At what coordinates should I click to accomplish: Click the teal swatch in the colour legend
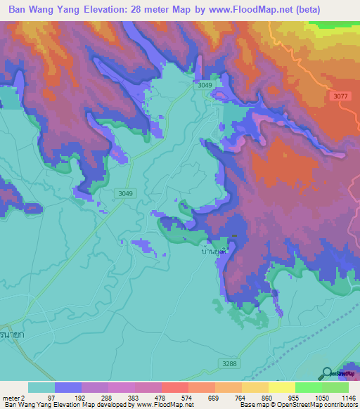(41, 387)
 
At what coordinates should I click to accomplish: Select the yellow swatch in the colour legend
(281, 387)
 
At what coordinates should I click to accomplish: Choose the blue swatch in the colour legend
(68, 387)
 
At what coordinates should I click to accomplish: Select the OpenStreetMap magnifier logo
(327, 373)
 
